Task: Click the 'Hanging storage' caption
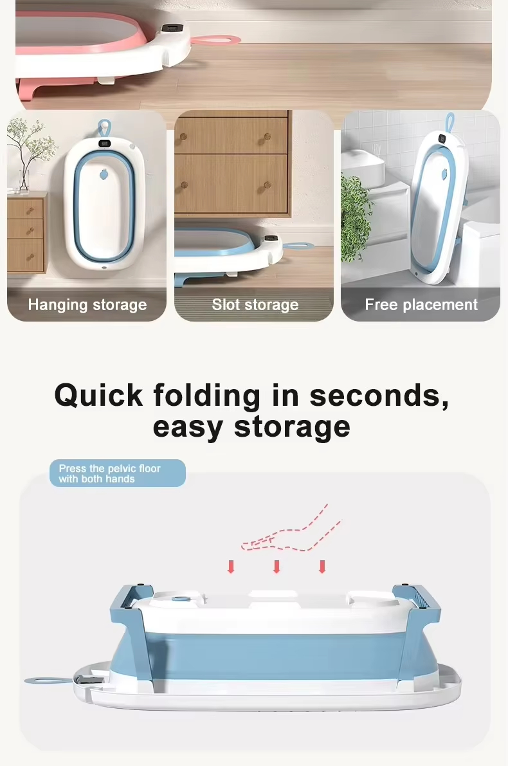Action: pos(87,305)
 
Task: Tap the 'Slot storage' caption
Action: pos(255,305)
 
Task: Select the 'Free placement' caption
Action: pos(421,305)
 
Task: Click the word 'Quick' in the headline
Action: pos(98,396)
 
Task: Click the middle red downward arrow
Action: pos(277,567)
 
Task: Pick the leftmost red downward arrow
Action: pos(231,567)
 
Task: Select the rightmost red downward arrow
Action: pos(322,567)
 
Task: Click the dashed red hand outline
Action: pos(289,534)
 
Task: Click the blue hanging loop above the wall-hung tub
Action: pos(103,127)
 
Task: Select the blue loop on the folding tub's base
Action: pos(44,679)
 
